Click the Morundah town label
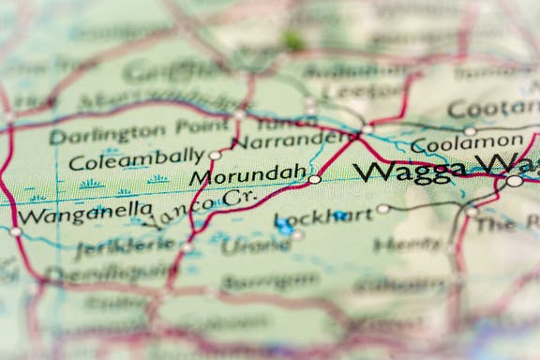247,175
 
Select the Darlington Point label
138,135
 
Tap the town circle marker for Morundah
315,179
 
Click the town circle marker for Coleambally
215,156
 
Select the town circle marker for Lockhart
382,209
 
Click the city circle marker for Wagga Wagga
514,181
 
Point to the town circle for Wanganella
15,232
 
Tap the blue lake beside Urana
283,224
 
